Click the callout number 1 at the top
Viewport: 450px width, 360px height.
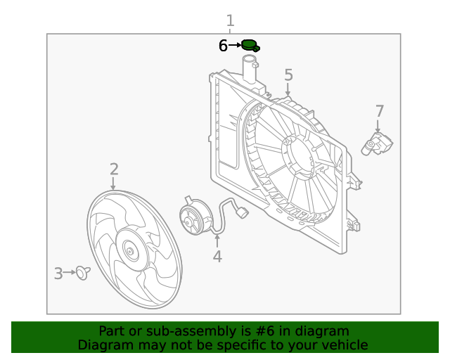[x=230, y=20]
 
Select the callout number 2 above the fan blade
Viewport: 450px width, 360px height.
[x=113, y=169]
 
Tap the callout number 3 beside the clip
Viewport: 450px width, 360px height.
[x=58, y=273]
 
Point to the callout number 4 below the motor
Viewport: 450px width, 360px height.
[x=217, y=257]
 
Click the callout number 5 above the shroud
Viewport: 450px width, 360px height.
[x=288, y=75]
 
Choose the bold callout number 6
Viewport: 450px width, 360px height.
[x=223, y=46]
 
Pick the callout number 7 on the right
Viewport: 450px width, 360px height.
[x=380, y=111]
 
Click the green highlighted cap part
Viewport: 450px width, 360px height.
[x=250, y=46]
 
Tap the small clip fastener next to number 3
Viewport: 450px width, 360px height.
[x=84, y=273]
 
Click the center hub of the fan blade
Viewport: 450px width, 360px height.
[x=129, y=251]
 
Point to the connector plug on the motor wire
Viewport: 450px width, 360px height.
[x=243, y=212]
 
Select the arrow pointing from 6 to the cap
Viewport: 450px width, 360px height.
[x=234, y=46]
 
